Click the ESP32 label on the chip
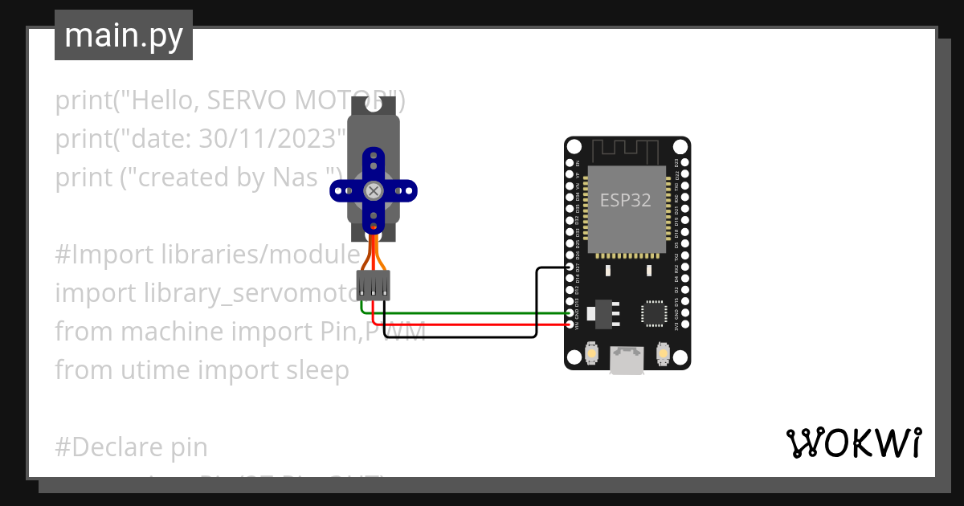coord(626,200)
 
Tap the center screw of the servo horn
coord(374,190)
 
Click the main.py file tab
coord(124,35)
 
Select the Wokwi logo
coord(853,443)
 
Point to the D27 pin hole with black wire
coord(570,267)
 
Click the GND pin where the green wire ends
coord(570,313)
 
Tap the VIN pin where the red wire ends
coord(570,324)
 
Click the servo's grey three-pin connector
coord(374,285)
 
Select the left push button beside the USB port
coord(590,353)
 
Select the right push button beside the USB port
coord(664,353)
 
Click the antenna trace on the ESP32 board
coord(626,149)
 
